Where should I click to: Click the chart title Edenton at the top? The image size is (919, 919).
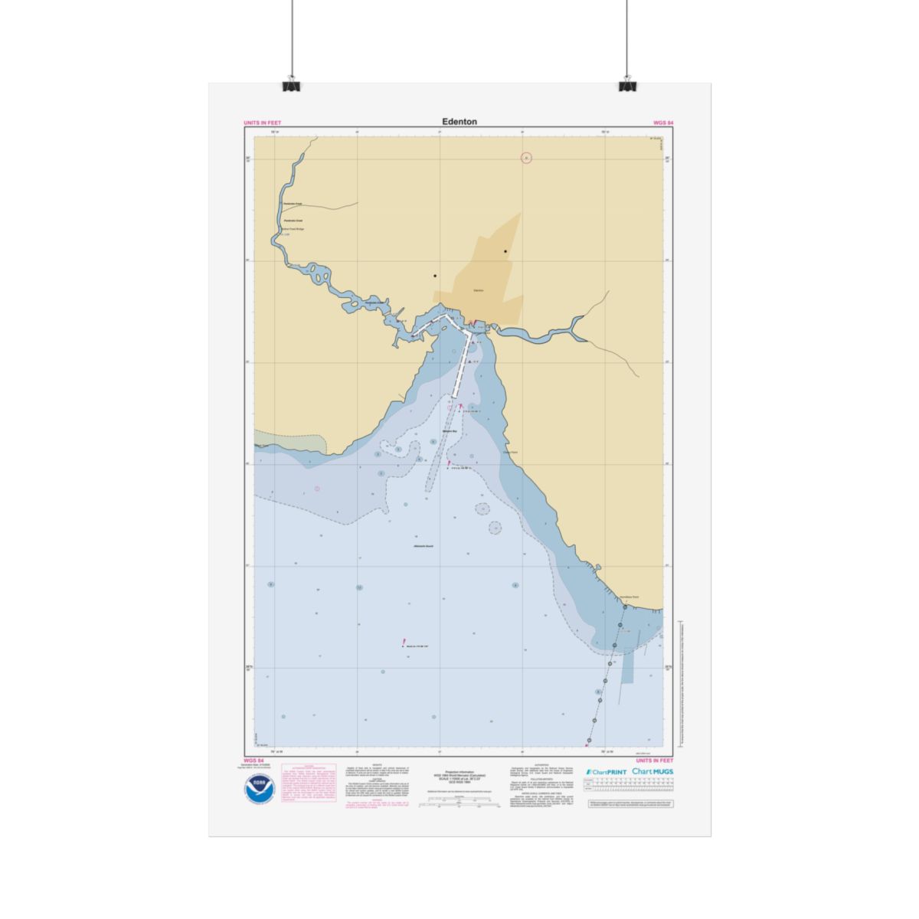tap(459, 122)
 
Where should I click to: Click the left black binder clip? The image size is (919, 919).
tap(292, 84)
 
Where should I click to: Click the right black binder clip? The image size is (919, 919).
tap(628, 84)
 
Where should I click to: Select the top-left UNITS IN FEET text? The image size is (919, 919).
tap(262, 123)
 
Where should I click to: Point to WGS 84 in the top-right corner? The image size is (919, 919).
tap(663, 123)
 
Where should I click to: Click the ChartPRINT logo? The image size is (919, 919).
tap(607, 772)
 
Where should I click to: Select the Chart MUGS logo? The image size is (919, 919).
tap(652, 772)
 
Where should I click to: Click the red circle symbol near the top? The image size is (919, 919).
tap(526, 158)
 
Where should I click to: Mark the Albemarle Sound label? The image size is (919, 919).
tap(423, 546)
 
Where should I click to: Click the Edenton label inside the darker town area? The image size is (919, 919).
tap(479, 290)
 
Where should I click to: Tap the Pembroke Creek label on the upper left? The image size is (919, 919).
tap(293, 204)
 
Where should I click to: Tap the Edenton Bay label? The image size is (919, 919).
tap(450, 432)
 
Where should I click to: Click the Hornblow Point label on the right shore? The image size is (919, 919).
tap(629, 597)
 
